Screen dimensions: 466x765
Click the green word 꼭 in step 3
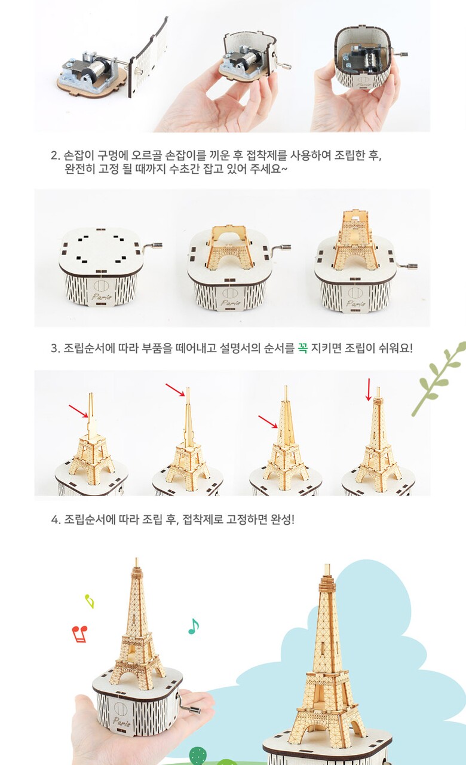302,348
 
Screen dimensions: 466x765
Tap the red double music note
80,634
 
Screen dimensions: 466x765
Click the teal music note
194,626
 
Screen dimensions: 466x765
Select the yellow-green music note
90,601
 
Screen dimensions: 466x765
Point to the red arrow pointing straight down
369,389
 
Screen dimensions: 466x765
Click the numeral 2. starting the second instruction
56,155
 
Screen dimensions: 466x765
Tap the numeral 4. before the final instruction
56,520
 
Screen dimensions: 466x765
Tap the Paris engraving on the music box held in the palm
121,721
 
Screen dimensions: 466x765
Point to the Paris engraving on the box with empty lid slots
102,296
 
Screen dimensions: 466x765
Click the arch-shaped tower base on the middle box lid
229,247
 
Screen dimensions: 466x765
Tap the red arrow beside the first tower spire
78,411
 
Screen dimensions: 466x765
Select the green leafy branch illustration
439,378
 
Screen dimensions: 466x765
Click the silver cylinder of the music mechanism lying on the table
101,65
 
